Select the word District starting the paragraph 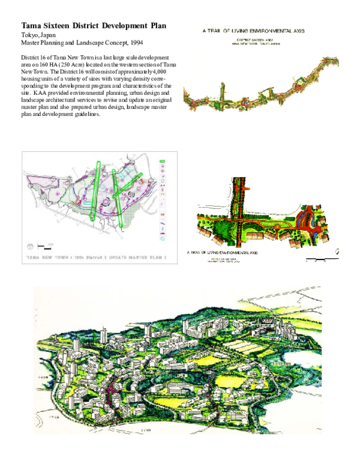31,58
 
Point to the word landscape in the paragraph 34,100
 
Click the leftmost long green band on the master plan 95,189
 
